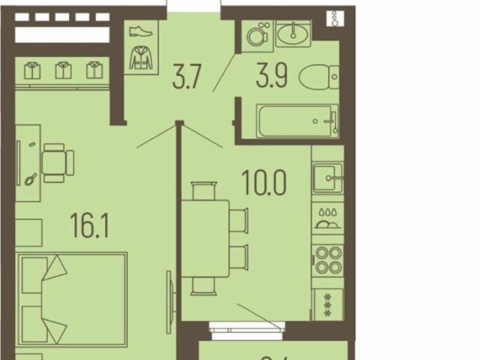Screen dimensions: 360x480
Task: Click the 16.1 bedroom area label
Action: point(89,226)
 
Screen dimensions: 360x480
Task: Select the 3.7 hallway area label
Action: point(187,78)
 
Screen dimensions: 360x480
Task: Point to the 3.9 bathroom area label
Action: point(271,78)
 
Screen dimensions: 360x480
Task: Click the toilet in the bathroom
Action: point(318,76)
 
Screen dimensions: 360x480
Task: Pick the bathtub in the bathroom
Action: point(297,121)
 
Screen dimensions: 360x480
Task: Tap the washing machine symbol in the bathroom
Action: point(257,34)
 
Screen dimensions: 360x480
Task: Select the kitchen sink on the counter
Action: point(328,178)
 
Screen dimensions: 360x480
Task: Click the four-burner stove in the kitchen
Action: point(328,259)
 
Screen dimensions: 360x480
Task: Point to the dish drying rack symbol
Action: point(328,218)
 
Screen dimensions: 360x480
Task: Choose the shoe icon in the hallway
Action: point(140,31)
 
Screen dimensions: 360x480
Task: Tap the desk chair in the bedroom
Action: point(57,163)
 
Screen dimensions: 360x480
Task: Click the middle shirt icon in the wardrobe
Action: point(62,70)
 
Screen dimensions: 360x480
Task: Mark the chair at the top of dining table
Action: point(204,192)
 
